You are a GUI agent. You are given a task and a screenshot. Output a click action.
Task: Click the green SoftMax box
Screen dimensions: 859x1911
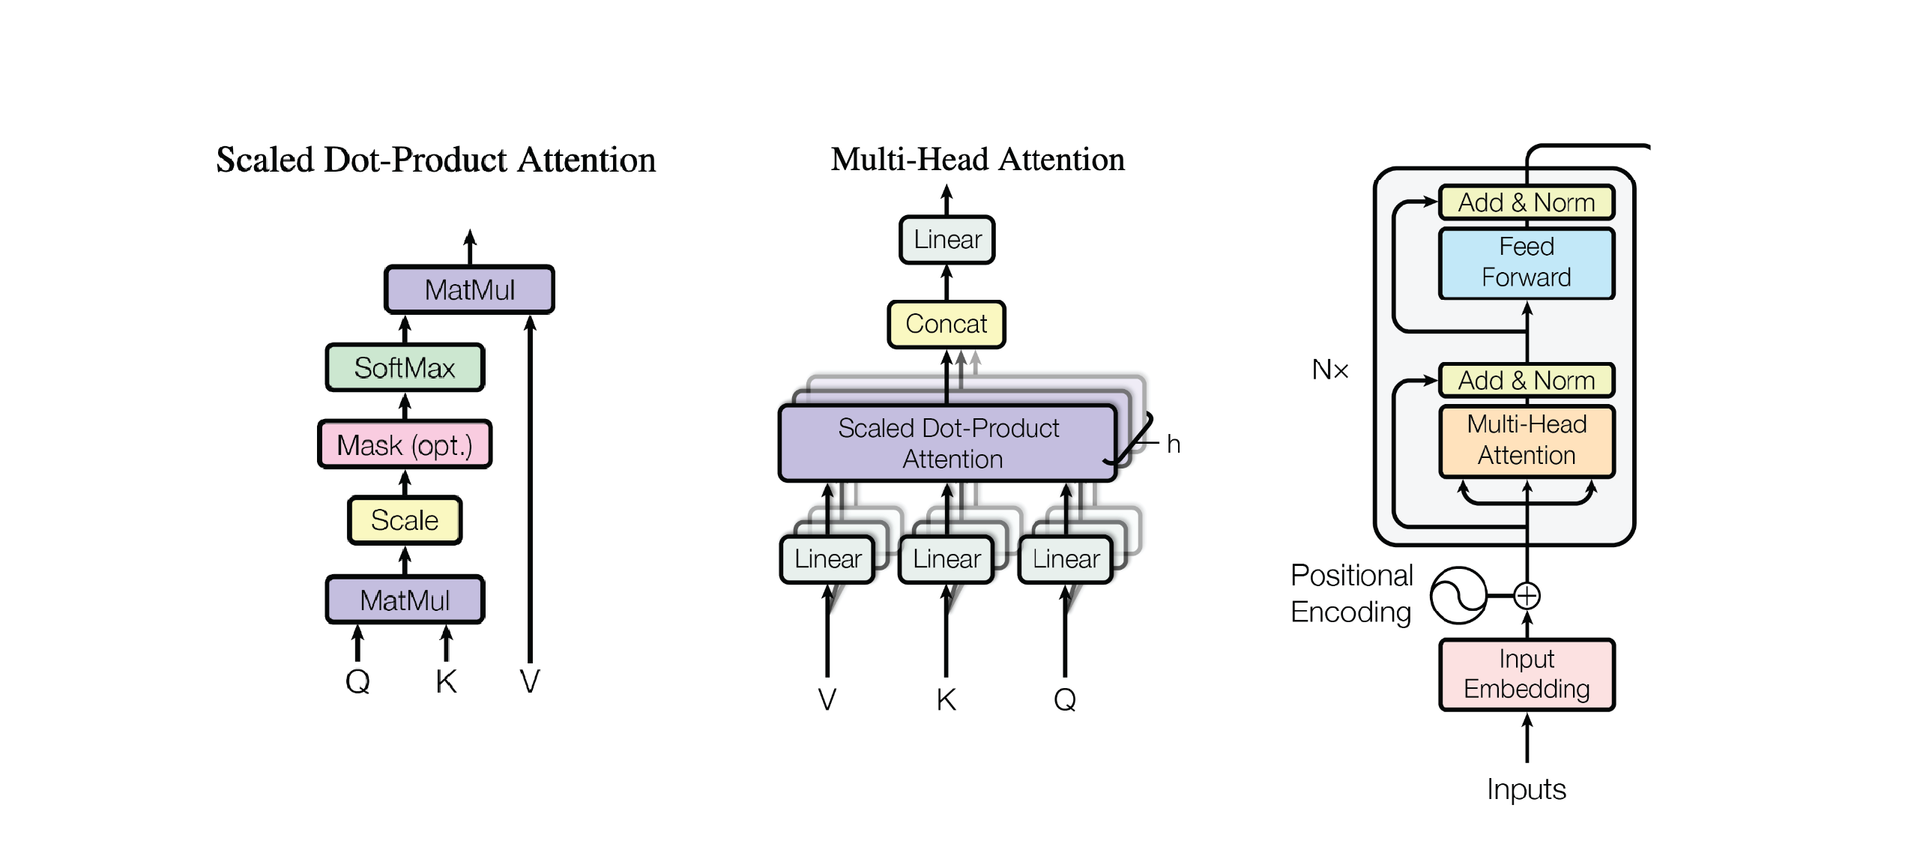[405, 367]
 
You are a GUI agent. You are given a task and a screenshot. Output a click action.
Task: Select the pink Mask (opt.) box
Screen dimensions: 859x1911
[405, 444]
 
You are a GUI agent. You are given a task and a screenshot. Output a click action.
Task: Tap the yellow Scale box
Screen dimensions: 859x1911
[405, 519]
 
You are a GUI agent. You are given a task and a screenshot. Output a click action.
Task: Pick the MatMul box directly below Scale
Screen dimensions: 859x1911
[405, 600]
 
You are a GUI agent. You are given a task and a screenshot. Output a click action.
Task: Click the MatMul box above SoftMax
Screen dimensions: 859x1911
[470, 289]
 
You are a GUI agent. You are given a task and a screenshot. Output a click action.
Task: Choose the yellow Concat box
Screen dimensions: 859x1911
[947, 324]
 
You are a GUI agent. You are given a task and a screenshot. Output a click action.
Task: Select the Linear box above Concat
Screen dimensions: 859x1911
[947, 240]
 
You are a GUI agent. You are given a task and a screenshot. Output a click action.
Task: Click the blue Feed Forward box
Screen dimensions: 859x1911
[1527, 262]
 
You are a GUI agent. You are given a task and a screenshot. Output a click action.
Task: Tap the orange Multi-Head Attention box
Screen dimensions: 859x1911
[1527, 441]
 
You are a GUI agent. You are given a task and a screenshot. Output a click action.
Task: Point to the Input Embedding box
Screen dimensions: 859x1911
[1527, 674]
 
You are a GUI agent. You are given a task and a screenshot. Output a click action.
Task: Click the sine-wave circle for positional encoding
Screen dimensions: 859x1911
[1458, 596]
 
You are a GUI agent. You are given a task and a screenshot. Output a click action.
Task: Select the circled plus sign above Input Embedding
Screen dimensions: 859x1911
[1527, 596]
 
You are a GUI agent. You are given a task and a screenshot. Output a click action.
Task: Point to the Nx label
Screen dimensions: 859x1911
[1330, 370]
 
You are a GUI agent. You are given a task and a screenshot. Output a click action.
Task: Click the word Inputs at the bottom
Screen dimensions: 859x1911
[1527, 789]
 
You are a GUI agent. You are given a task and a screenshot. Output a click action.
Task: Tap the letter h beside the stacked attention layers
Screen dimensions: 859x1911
[1174, 444]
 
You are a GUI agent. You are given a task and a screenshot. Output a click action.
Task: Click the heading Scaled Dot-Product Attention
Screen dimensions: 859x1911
[435, 160]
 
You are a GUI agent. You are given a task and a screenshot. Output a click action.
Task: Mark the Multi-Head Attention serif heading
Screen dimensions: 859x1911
[977, 160]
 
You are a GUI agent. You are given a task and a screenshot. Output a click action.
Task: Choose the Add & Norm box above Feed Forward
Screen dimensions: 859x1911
[1527, 202]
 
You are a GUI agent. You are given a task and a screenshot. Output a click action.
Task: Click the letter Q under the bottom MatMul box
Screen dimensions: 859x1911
[357, 681]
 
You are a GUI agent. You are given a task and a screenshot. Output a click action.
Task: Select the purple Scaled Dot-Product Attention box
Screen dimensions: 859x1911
[948, 443]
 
